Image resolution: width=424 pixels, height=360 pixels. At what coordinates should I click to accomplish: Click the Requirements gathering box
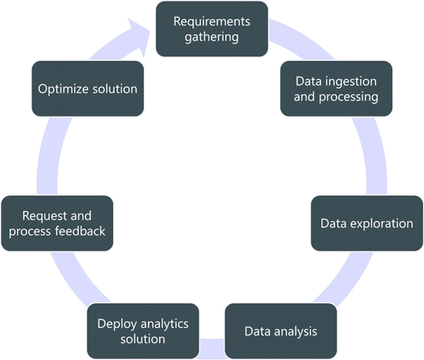coord(212,28)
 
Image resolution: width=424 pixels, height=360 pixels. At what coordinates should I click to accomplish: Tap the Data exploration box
coord(367,223)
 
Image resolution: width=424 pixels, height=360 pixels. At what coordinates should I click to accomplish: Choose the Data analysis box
coord(280,331)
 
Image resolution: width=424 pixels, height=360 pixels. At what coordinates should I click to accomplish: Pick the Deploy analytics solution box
coord(143,331)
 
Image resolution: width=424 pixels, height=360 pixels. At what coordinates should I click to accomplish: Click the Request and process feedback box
coord(57,223)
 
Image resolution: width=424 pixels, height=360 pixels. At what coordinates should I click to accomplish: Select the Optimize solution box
coord(87,89)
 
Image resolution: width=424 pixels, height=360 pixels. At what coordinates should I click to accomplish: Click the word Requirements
coord(212,20)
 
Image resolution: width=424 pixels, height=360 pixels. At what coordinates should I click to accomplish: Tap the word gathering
coord(212,36)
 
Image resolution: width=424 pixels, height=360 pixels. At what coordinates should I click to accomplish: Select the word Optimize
coord(63,89)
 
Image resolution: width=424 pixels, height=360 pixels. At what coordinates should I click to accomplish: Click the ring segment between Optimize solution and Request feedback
coord(47,153)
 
